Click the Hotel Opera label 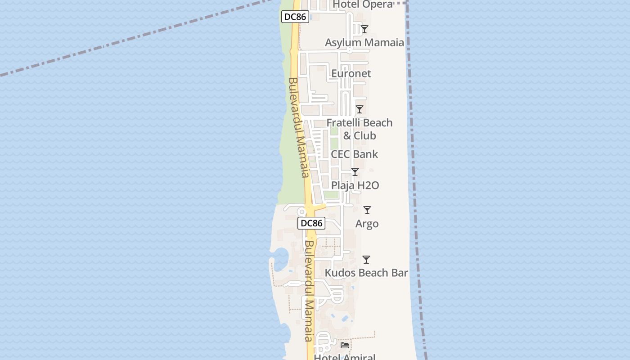[363, 4]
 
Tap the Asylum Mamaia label [364, 43]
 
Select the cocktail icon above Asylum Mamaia [364, 29]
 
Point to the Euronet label [351, 73]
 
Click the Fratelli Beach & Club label [360, 129]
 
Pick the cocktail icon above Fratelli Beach [360, 109]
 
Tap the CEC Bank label [355, 154]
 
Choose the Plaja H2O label [355, 185]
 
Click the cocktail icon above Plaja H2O [355, 172]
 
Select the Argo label [367, 224]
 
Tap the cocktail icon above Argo [367, 210]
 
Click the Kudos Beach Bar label [366, 273]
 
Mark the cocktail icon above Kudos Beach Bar [366, 260]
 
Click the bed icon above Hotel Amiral [345, 345]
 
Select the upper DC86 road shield [295, 17]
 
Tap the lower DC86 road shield [311, 223]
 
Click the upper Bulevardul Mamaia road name [299, 128]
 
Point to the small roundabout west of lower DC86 [301, 211]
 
